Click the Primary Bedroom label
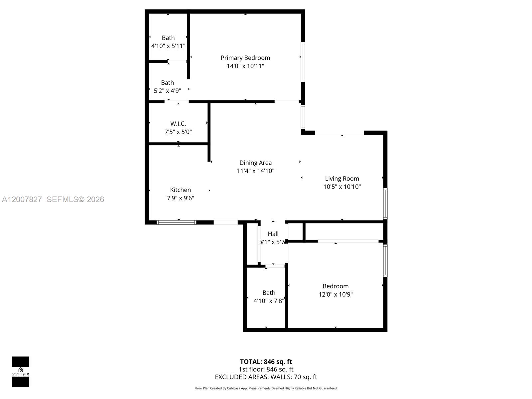pos(245,58)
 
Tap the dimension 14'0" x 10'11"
pos(245,66)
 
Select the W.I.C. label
pos(178,124)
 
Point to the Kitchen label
pos(180,190)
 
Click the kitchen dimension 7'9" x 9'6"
pos(180,198)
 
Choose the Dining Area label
pos(255,163)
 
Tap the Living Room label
pos(342,179)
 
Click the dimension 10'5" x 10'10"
pos(342,187)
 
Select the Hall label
pos(273,234)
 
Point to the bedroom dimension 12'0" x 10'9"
pos(335,294)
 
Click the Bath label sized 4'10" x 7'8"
pos(269,293)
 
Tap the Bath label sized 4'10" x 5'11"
pos(168,38)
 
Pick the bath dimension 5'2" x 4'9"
pos(168,91)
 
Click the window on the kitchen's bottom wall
pos(176,222)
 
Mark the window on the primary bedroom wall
pos(303,62)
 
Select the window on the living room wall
pos(385,204)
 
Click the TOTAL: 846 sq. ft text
pos(266,362)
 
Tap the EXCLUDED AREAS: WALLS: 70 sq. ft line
pos(266,377)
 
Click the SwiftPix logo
pos(21,372)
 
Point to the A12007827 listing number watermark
pos(22,199)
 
